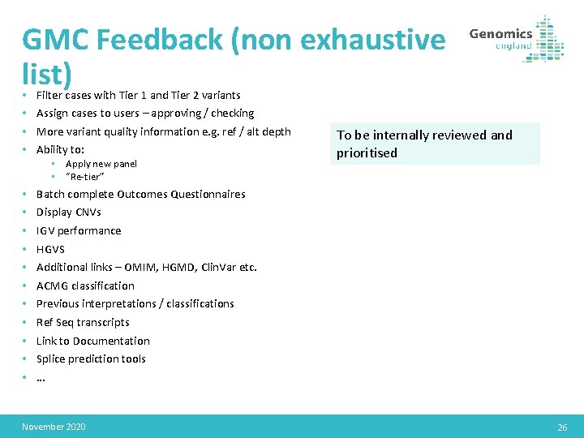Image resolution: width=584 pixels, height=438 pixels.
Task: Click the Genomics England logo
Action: point(517,38)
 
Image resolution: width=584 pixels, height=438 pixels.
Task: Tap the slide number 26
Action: point(562,427)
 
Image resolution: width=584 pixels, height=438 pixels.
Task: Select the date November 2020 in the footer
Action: point(54,427)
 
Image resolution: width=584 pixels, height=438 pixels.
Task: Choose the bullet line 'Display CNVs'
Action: point(69,213)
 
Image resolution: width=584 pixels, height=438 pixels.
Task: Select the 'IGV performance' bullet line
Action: point(79,230)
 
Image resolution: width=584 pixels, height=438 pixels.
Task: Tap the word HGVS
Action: point(50,249)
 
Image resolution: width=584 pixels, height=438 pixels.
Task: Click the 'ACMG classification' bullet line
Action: point(85,286)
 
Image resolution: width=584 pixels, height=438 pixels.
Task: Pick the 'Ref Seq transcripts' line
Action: point(83,322)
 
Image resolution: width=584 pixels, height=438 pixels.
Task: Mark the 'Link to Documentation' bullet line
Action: point(93,341)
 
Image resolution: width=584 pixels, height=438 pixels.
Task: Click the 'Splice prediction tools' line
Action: point(91,359)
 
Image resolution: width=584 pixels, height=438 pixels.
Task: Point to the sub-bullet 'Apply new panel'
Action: point(101,164)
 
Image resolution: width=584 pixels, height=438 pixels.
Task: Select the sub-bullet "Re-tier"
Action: point(85,176)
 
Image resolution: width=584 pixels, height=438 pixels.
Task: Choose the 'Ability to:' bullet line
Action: point(60,149)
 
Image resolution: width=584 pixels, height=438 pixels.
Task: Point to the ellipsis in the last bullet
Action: point(41,377)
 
